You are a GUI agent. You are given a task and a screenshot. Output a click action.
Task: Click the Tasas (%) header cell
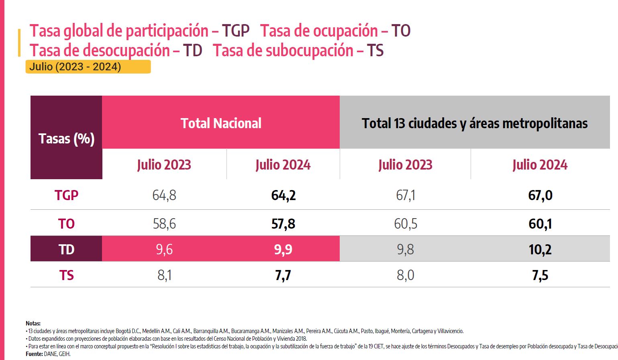[66, 138]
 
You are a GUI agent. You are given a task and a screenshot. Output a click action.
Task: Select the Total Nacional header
[221, 123]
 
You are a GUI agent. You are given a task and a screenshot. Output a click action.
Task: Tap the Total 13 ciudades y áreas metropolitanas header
[475, 123]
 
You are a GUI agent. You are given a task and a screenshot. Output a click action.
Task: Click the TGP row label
[66, 195]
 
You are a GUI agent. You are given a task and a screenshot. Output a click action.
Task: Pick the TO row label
[66, 223]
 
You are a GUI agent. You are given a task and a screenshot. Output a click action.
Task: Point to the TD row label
[66, 250]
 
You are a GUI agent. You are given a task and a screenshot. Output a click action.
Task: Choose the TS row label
[66, 275]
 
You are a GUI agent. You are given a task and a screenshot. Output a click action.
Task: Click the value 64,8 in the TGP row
[164, 195]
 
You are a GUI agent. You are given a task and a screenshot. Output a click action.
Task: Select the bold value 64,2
[283, 195]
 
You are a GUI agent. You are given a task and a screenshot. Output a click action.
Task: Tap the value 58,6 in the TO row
[164, 223]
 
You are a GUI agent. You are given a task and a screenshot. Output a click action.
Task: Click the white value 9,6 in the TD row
[164, 250]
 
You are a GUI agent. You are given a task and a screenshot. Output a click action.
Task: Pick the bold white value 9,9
[283, 250]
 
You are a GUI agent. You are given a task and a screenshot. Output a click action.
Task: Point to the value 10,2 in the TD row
[540, 250]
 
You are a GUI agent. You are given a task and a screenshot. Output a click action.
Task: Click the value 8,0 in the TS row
[405, 275]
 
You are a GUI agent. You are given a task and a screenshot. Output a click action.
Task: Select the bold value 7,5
[540, 275]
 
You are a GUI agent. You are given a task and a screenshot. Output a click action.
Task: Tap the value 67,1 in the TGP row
[405, 195]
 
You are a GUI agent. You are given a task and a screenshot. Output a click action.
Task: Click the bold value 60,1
[540, 223]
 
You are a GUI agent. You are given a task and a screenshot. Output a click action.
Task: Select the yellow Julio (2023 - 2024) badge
[88, 67]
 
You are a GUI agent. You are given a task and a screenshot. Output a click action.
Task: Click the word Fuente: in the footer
[35, 354]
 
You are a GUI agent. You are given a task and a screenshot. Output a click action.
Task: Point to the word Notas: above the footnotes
[33, 323]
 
